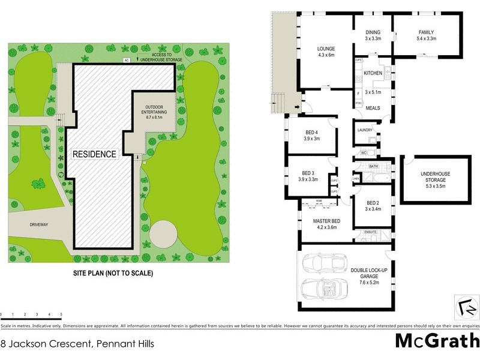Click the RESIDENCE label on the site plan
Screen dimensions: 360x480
[94, 154]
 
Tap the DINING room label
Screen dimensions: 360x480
[373, 35]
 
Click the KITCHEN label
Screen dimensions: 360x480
[373, 76]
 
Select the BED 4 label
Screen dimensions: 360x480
[312, 135]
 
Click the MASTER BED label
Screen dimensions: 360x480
[326, 223]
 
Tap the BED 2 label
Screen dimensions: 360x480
[373, 206]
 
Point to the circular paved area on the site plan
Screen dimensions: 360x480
[163, 234]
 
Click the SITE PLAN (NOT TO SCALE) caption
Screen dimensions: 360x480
[110, 273]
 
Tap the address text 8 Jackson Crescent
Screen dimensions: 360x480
[77, 344]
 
